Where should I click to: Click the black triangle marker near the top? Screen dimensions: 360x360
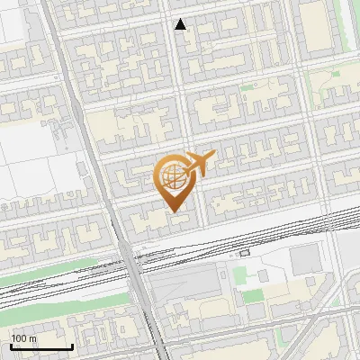pos(181,24)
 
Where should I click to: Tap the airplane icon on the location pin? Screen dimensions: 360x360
pos(199,164)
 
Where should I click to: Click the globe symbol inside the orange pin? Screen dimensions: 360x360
pos(174,176)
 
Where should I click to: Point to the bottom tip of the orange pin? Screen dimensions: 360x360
pos(174,212)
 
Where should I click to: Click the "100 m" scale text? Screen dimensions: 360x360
pos(23,338)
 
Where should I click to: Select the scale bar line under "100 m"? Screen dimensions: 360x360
pos(41,346)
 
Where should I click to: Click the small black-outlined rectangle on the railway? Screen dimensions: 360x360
pos(244,253)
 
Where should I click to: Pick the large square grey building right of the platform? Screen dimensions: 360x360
pos(305,258)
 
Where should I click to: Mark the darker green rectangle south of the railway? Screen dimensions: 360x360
pos(254,295)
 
